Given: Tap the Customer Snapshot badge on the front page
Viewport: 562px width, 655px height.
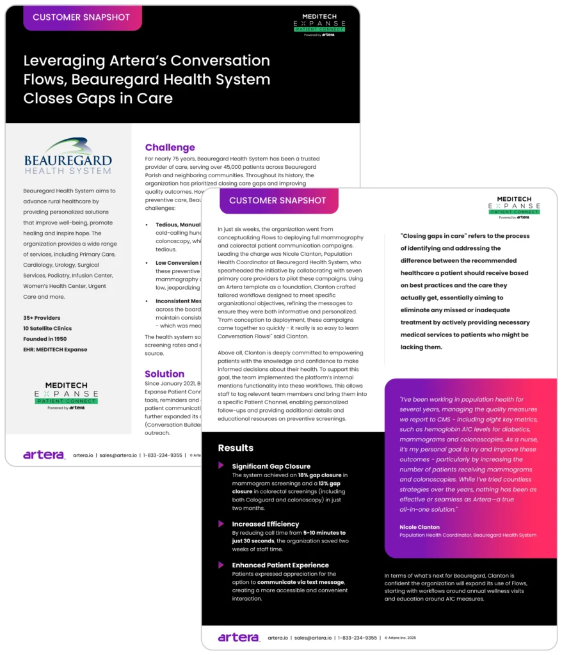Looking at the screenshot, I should pyautogui.click(x=278, y=200).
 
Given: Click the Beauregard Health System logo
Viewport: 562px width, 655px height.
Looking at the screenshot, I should pyautogui.click(x=68, y=155).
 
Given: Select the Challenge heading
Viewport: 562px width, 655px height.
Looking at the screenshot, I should pyautogui.click(x=170, y=148).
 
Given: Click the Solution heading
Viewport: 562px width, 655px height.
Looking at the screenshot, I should pyautogui.click(x=165, y=374).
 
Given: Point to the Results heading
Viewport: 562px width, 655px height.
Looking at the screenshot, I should pyautogui.click(x=236, y=448).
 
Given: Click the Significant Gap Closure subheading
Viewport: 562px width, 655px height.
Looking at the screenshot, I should pyautogui.click(x=271, y=466).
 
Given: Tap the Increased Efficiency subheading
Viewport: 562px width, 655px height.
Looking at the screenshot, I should pyautogui.click(x=265, y=524).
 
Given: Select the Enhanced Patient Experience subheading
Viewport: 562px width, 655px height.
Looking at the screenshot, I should pyautogui.click(x=280, y=565).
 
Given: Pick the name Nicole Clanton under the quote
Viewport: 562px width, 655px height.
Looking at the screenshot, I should pyautogui.click(x=419, y=527).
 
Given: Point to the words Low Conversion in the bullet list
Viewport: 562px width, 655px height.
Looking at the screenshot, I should pyautogui.click(x=177, y=263).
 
